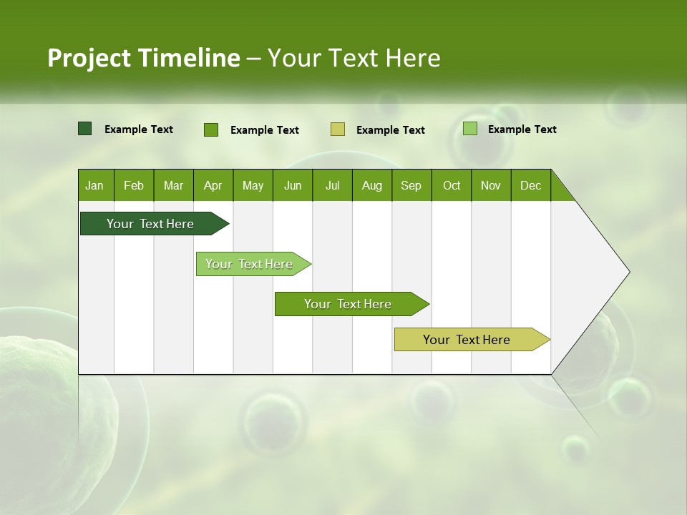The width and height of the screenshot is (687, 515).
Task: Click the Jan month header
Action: pyautogui.click(x=94, y=185)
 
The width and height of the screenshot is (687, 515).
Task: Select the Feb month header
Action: pyautogui.click(x=134, y=185)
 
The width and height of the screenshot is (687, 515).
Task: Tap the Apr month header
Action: pyautogui.click(x=213, y=185)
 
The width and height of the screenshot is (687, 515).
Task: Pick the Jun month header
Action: pyautogui.click(x=293, y=185)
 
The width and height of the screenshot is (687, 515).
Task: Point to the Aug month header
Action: pyautogui.click(x=372, y=185)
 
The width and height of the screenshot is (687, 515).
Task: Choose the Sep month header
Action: pyautogui.click(x=411, y=185)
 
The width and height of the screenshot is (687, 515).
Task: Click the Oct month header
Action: pyautogui.click(x=452, y=185)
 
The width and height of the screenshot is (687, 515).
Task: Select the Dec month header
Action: pyautogui.click(x=530, y=185)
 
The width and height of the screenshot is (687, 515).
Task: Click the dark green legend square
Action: pyautogui.click(x=85, y=129)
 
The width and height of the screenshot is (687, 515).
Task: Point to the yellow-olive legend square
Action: pyautogui.click(x=338, y=129)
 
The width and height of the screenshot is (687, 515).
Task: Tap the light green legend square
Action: pyautogui.click(x=470, y=129)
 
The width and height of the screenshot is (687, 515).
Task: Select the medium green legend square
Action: pyautogui.click(x=211, y=129)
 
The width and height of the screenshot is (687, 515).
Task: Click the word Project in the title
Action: pyautogui.click(x=89, y=58)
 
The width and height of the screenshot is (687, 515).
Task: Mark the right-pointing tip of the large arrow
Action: pyautogui.click(x=628, y=272)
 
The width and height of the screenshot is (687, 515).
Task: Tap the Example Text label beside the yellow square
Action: pyautogui.click(x=390, y=130)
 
